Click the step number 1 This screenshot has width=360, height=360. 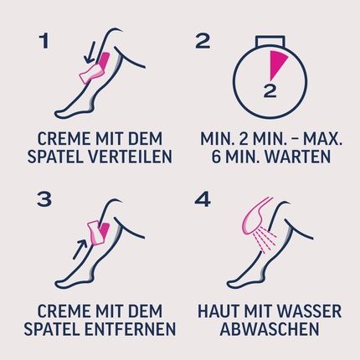pos(44,41)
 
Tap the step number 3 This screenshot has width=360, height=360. pos(44,199)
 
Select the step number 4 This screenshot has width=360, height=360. pos(203,199)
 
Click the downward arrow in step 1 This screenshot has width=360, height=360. pos(90,52)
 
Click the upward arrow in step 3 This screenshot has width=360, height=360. pos(80,249)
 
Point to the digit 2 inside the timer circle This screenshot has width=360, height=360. pos(270,90)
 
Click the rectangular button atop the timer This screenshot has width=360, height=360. pos(270,40)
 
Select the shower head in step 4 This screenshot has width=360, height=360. pos(255,216)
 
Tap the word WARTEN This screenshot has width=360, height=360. pos(298,157)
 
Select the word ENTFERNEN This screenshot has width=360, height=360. pos(130,329)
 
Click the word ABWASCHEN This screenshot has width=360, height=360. pos(270,329)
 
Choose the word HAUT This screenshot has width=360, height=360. pos(214,311)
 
